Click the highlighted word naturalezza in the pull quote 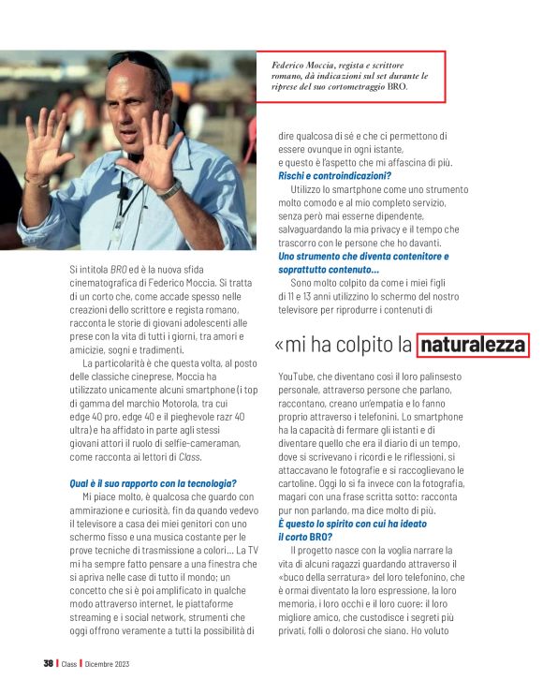[x=473, y=346]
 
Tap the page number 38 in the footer [x=48, y=664]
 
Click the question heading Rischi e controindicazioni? [x=334, y=175]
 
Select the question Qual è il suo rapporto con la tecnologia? [x=153, y=482]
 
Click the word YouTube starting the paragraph [x=299, y=376]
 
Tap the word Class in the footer [x=68, y=664]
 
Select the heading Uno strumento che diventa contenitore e [x=363, y=256]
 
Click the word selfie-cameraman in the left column [x=198, y=443]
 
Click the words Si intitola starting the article [x=88, y=270]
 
